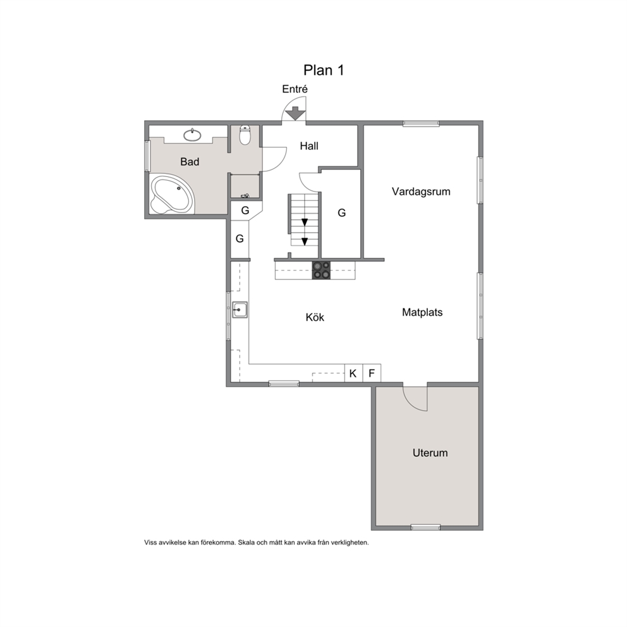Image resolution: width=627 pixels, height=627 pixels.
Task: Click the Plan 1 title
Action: pyautogui.click(x=324, y=70)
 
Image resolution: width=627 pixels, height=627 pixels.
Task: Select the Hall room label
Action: pyautogui.click(x=309, y=146)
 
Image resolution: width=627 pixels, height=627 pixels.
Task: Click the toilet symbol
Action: pyautogui.click(x=245, y=135)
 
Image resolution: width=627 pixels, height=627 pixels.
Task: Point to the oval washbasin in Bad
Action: pyautogui.click(x=192, y=135)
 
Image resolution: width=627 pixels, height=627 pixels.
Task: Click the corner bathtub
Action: pyautogui.click(x=172, y=194)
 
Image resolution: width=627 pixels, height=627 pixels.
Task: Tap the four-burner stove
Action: pyautogui.click(x=322, y=270)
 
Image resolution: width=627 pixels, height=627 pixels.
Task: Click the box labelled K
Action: pyautogui.click(x=353, y=373)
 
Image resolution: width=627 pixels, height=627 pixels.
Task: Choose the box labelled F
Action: pyautogui.click(x=372, y=373)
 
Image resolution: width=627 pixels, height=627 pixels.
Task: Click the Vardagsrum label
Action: pyautogui.click(x=421, y=192)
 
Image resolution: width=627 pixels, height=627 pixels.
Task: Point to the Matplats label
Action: pyautogui.click(x=422, y=312)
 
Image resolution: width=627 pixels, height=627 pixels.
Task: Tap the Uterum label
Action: pyautogui.click(x=430, y=453)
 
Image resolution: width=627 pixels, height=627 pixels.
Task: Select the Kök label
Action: pyautogui.click(x=315, y=317)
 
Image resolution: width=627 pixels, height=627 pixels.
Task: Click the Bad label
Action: pyautogui.click(x=190, y=162)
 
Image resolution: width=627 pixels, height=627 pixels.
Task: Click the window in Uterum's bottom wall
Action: pyautogui.click(x=426, y=527)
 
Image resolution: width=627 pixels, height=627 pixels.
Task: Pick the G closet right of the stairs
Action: pyautogui.click(x=341, y=214)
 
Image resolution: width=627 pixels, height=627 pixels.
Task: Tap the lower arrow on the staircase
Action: pyautogui.click(x=305, y=241)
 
